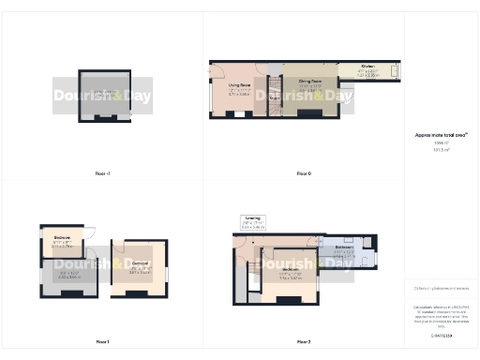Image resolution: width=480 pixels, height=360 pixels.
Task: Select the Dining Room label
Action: (310, 82)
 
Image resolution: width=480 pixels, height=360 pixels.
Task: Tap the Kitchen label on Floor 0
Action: (369, 68)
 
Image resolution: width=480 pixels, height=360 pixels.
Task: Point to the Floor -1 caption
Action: (103, 173)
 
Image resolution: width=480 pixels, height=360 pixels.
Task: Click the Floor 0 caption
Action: (303, 173)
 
